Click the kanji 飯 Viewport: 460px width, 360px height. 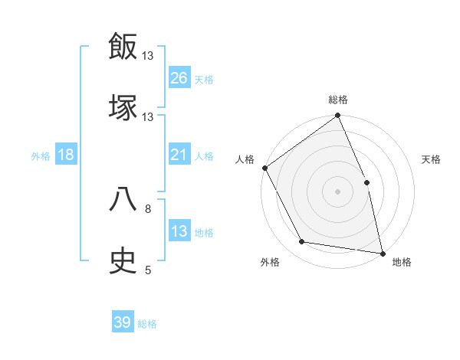pos(123,47)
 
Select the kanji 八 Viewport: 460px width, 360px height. pos(123,200)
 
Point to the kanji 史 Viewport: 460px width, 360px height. pos(123,260)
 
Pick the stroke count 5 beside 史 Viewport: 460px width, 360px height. pos(148,270)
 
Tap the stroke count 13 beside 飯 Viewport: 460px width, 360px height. pos(148,56)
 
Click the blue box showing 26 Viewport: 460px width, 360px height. pos(179,78)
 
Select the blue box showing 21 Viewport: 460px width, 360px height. pos(179,155)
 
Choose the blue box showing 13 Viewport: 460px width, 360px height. pos(179,231)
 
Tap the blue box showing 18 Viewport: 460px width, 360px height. pos(66,155)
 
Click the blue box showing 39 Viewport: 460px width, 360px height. pos(123,322)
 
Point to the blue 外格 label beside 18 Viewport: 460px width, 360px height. pos(41,156)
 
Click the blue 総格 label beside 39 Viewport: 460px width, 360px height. pos(147,324)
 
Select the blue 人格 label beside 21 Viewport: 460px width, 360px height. pos(204,156)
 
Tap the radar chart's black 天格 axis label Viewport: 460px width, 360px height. pos(432,159)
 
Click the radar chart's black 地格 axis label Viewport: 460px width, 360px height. pos(402,263)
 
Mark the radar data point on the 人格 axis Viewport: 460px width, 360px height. pos(264,168)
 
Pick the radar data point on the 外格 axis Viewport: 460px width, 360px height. pos(302,242)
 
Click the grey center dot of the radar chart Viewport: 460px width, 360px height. pos(337,191)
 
